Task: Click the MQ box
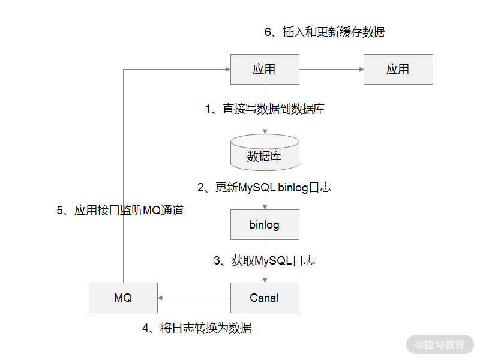[123, 298]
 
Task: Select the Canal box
[265, 298]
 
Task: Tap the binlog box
[265, 225]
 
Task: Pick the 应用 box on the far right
[398, 69]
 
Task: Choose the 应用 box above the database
[265, 69]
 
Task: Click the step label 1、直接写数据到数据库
[265, 109]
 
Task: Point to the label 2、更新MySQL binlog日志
[265, 187]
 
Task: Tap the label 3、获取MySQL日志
[265, 260]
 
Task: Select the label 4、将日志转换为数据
[197, 328]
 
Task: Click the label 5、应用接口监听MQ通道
[120, 211]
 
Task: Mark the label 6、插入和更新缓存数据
[325, 32]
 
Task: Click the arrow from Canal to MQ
[194, 298]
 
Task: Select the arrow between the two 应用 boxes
[331, 69]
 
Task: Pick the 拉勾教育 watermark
[440, 344]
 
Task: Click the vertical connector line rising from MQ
[123, 180]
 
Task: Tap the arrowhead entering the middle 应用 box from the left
[227, 69]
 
